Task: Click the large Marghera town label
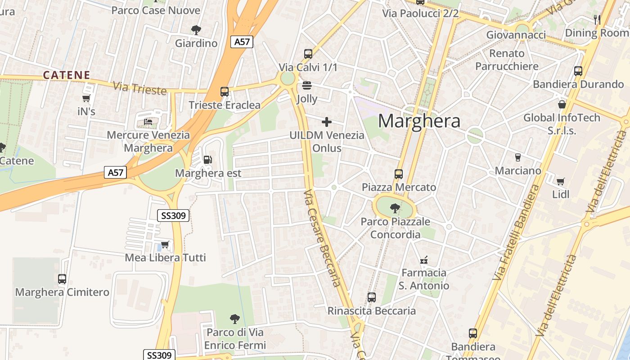pyautogui.click(x=419, y=121)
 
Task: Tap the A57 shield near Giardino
pyautogui.click(x=242, y=42)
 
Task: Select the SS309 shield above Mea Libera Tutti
pyautogui.click(x=173, y=216)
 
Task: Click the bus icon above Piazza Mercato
pyautogui.click(x=398, y=174)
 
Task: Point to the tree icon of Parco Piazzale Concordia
pyautogui.click(x=395, y=208)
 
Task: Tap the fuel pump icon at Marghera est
pyautogui.click(x=207, y=160)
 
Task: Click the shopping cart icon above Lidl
pyautogui.click(x=560, y=181)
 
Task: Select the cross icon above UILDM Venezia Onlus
pyautogui.click(x=327, y=122)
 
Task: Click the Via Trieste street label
pyautogui.click(x=140, y=88)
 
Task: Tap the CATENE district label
pyautogui.click(x=67, y=75)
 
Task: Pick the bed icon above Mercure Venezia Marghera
pyautogui.click(x=148, y=121)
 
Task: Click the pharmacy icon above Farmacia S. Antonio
pyautogui.click(x=423, y=260)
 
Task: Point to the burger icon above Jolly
pyautogui.click(x=307, y=85)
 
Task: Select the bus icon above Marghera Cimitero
pyautogui.click(x=62, y=279)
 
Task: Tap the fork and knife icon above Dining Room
pyautogui.click(x=597, y=19)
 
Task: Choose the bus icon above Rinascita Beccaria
pyautogui.click(x=371, y=297)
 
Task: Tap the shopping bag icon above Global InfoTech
pyautogui.click(x=562, y=104)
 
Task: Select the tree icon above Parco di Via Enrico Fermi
pyautogui.click(x=234, y=319)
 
